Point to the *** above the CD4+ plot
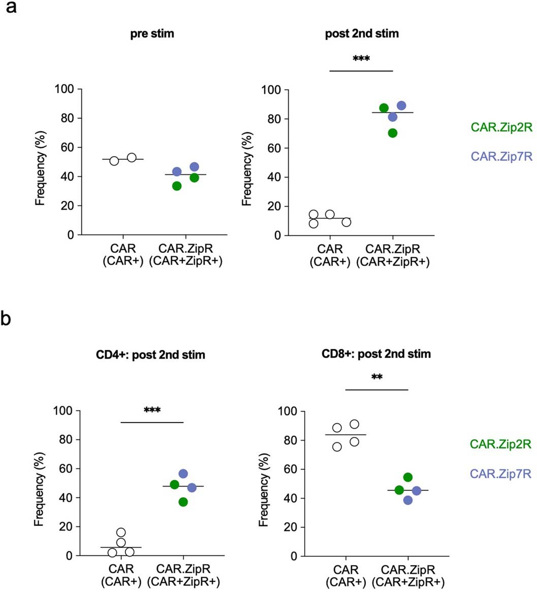click(152, 410)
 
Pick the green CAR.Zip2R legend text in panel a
click(500, 128)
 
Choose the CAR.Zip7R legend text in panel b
click(500, 474)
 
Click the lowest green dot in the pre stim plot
click(177, 186)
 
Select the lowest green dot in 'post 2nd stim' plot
click(392, 133)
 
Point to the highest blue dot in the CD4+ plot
click(183, 473)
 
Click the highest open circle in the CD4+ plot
click(121, 532)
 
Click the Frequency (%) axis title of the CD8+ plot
click(263, 484)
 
